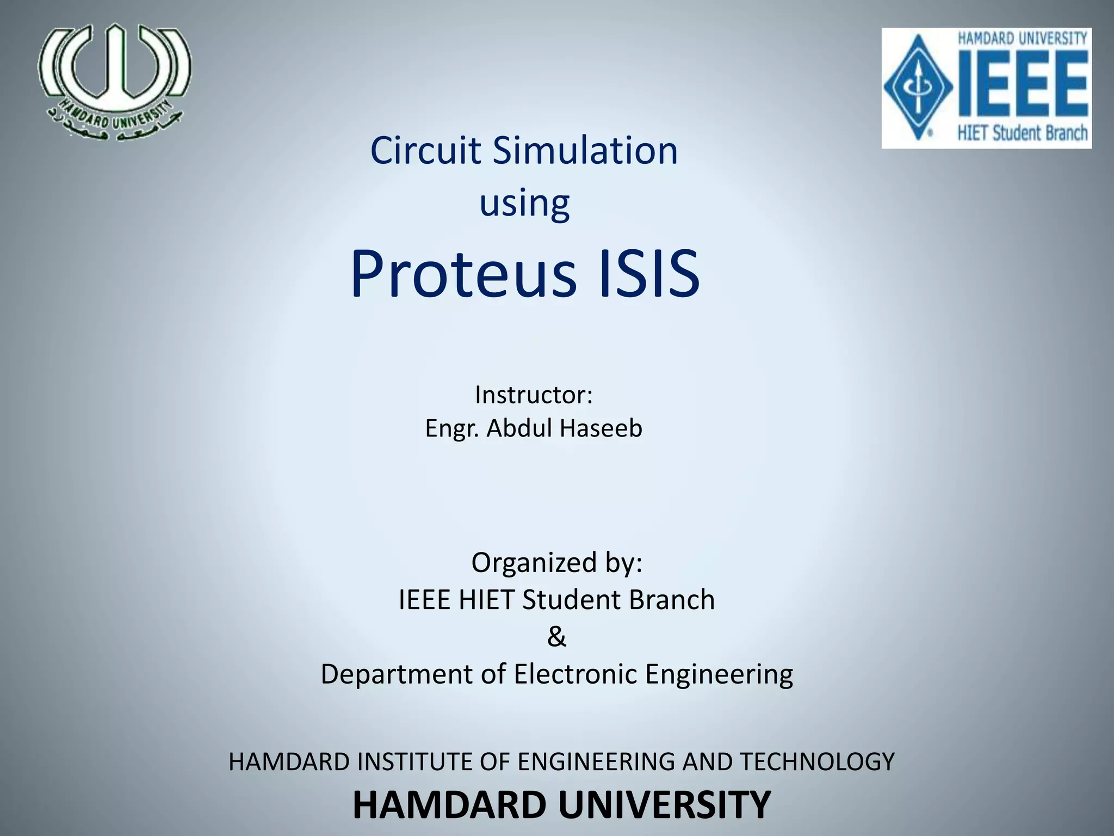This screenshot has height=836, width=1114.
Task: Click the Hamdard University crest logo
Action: click(115, 82)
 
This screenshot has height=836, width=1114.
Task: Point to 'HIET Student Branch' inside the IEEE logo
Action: click(1022, 133)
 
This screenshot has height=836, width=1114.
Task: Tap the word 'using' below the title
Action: click(524, 203)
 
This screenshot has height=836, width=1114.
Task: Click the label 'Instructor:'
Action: click(533, 395)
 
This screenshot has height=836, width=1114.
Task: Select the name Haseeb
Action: click(601, 428)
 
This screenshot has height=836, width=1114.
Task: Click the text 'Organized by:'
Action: click(556, 563)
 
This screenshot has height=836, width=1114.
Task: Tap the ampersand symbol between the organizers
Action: click(556, 636)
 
